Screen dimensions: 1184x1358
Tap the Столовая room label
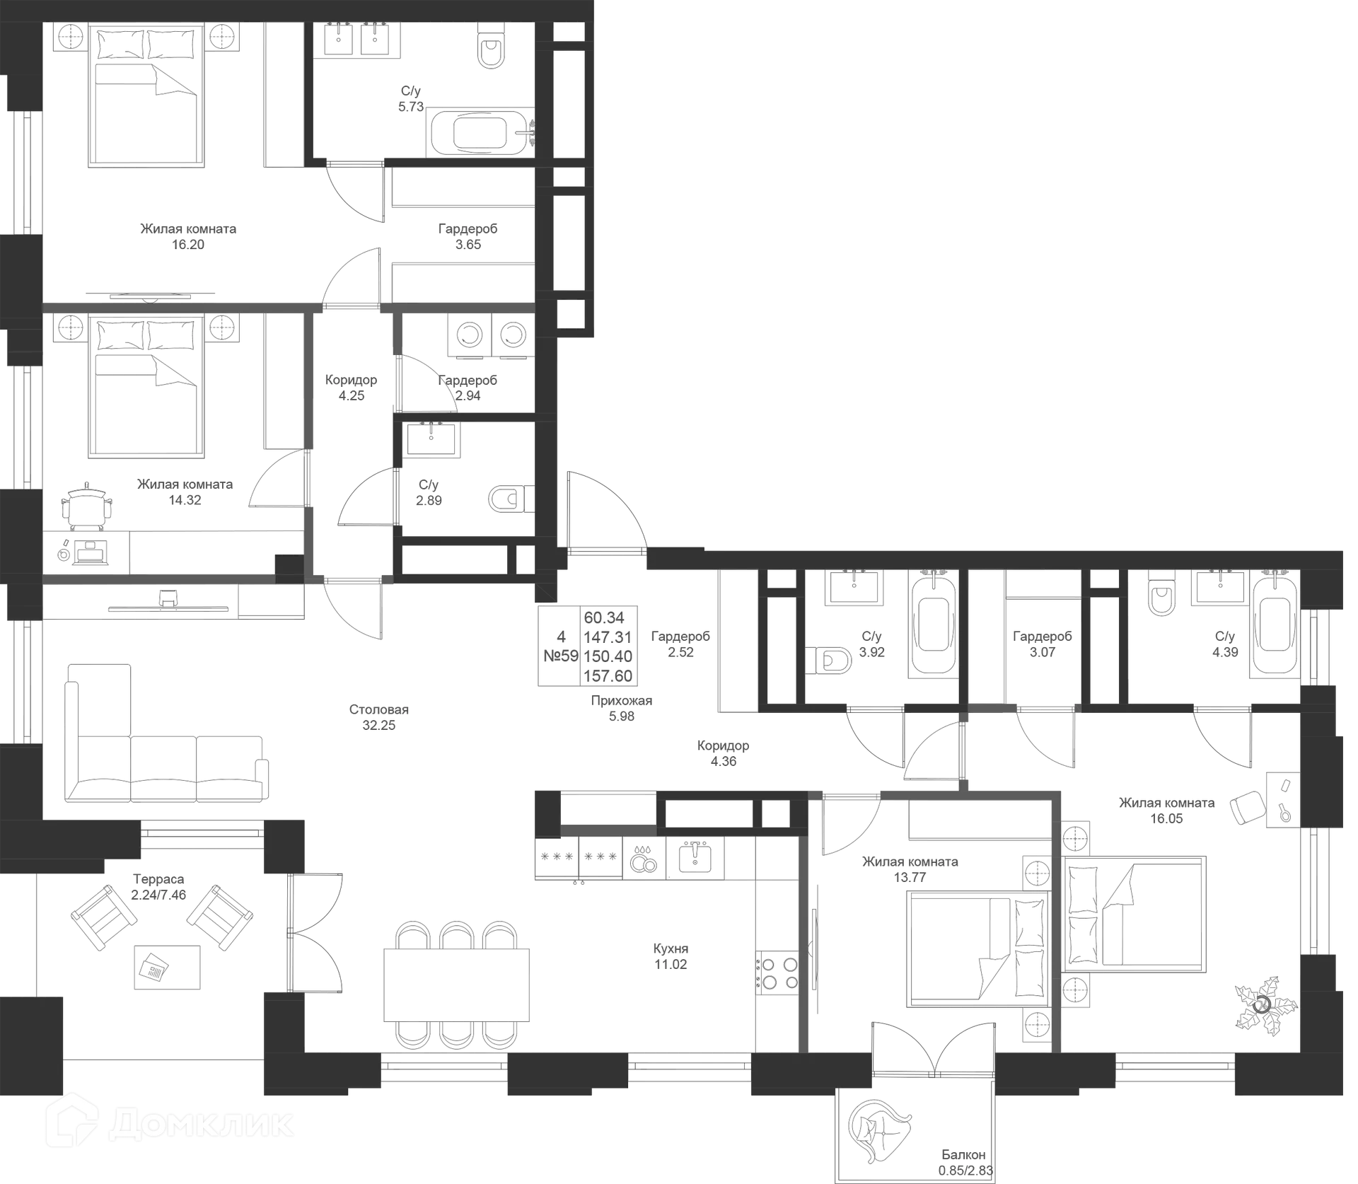pos(379,716)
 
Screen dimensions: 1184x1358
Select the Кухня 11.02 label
pos(671,956)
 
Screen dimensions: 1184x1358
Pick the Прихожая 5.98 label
pos(622,708)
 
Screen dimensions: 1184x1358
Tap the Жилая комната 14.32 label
pos(185,492)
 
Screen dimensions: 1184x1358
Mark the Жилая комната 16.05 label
pos(1166,811)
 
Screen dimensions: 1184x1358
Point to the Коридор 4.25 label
pos(351,388)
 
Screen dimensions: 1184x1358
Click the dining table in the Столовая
pos(455,983)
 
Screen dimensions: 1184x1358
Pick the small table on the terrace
pos(167,967)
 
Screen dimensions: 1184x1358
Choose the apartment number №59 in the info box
pos(561,656)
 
